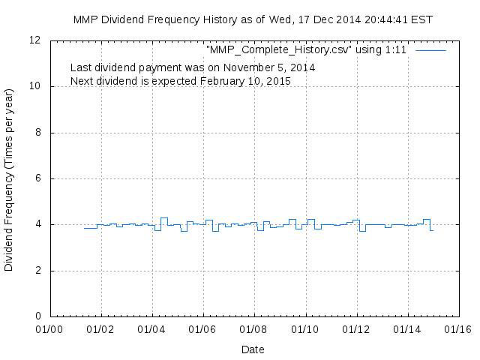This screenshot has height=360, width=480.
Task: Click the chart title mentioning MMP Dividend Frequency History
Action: tap(253, 19)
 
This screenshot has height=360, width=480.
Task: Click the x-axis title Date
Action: tap(253, 349)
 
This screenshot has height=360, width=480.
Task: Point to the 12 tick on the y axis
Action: tap(35, 40)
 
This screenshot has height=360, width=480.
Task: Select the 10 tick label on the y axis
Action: tap(35, 86)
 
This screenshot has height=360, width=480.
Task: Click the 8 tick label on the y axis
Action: tap(38, 133)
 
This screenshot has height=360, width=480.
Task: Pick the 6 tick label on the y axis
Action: tap(38, 178)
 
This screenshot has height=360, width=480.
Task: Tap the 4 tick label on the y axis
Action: tap(38, 224)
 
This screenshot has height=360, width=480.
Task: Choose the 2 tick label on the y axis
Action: tap(38, 271)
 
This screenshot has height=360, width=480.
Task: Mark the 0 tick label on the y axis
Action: tap(38, 316)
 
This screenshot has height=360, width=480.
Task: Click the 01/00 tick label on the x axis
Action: tap(49, 328)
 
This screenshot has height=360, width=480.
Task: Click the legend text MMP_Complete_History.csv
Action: tap(307, 50)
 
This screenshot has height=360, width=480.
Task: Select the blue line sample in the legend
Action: tap(430, 50)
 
